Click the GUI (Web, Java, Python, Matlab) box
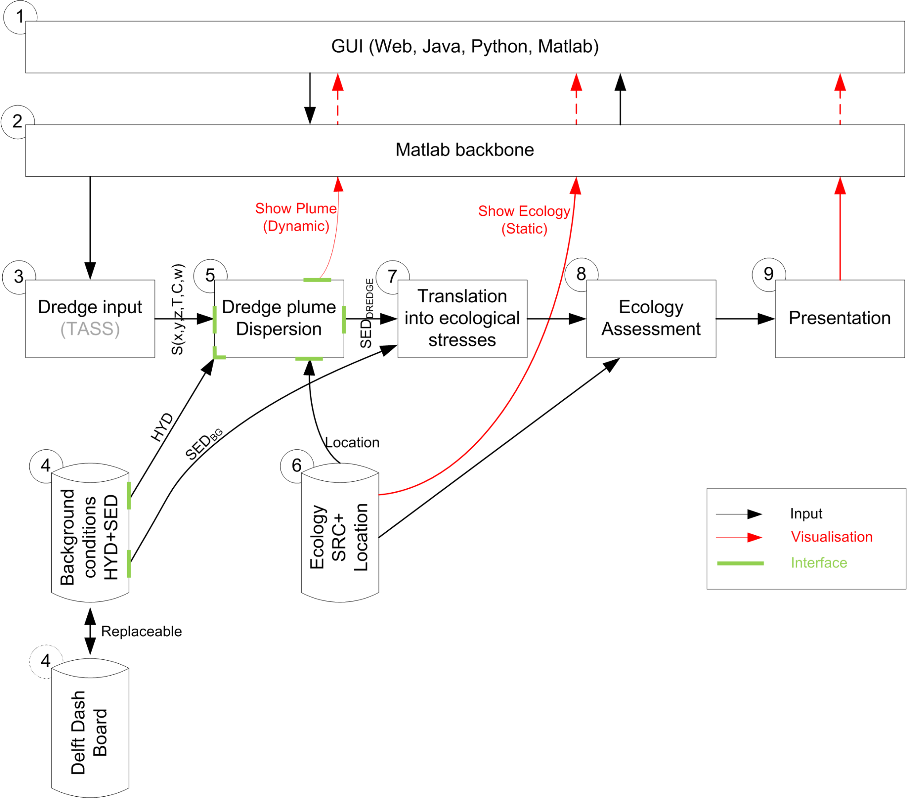[465, 47]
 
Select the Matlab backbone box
[465, 150]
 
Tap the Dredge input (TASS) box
[90, 319]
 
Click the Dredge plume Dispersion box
[279, 319]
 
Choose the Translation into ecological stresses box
[462, 319]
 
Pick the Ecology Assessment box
[651, 319]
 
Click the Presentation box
[840, 319]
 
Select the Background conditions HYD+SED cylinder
[90, 533]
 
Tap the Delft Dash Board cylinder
[90, 728]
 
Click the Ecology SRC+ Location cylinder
[340, 533]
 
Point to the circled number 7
[392, 276]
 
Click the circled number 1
[20, 17]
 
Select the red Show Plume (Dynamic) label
[296, 217]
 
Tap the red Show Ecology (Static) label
[524, 220]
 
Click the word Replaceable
[142, 631]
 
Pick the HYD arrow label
[163, 428]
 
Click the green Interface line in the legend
[740, 564]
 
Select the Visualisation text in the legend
[832, 537]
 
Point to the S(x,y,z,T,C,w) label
[178, 310]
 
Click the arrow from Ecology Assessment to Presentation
[745, 319]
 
